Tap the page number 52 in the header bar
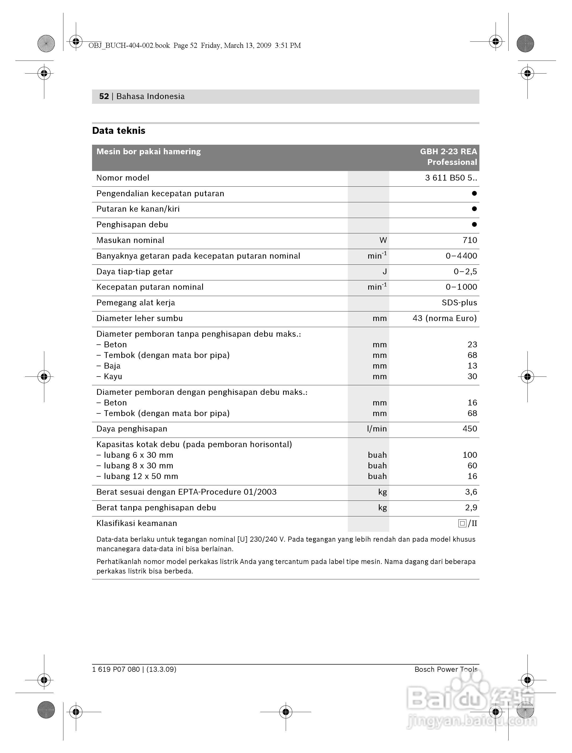click(103, 96)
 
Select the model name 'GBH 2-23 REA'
click(448, 152)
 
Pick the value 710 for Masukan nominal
click(470, 240)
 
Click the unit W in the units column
click(383, 240)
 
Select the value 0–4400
click(461, 256)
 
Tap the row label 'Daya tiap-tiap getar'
click(135, 272)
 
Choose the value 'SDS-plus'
click(459, 303)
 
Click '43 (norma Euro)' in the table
click(444, 318)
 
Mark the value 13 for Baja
click(472, 366)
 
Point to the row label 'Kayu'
click(113, 376)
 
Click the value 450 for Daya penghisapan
click(470, 429)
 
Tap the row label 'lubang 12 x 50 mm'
click(141, 476)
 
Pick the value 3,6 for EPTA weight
click(471, 492)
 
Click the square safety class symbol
click(462, 523)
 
